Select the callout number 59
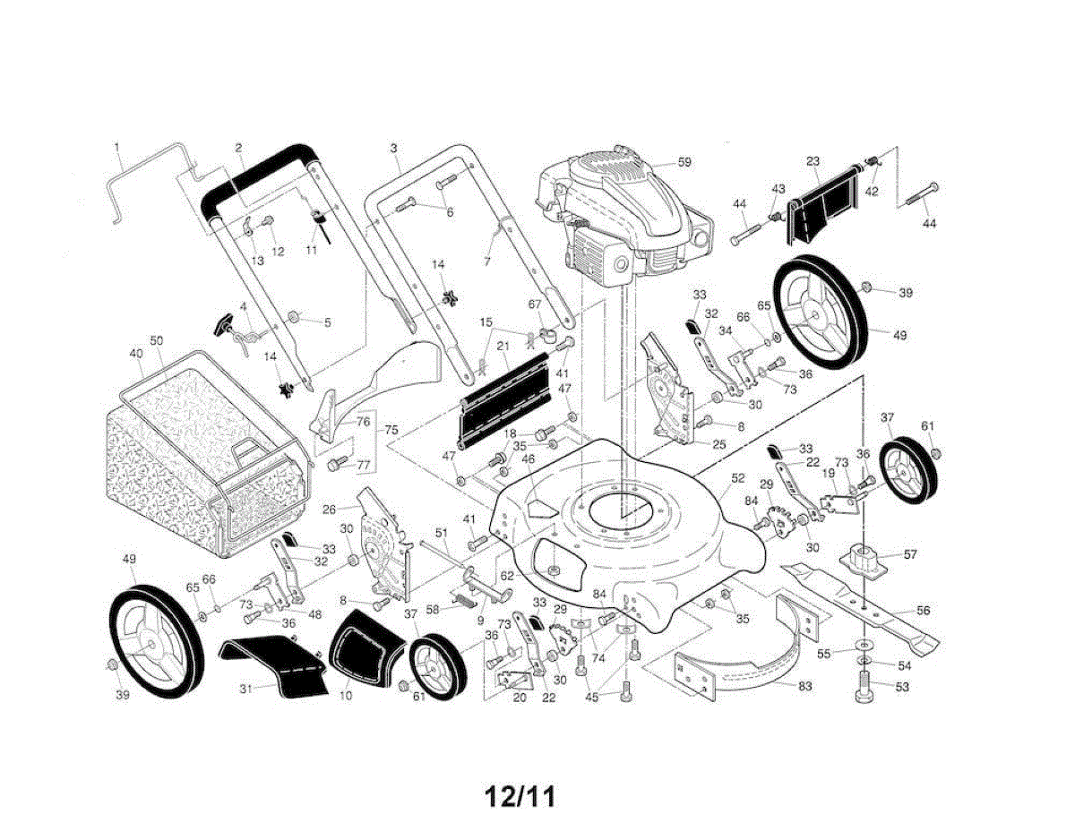(x=684, y=163)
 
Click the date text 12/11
(x=520, y=796)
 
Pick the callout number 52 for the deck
(x=737, y=478)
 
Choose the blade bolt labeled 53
(x=864, y=692)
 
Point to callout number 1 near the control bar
(x=116, y=145)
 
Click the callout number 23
(x=813, y=162)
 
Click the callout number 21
(x=503, y=347)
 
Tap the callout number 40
(x=136, y=354)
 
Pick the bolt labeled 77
(x=336, y=464)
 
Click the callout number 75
(x=391, y=429)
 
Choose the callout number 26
(x=329, y=510)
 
